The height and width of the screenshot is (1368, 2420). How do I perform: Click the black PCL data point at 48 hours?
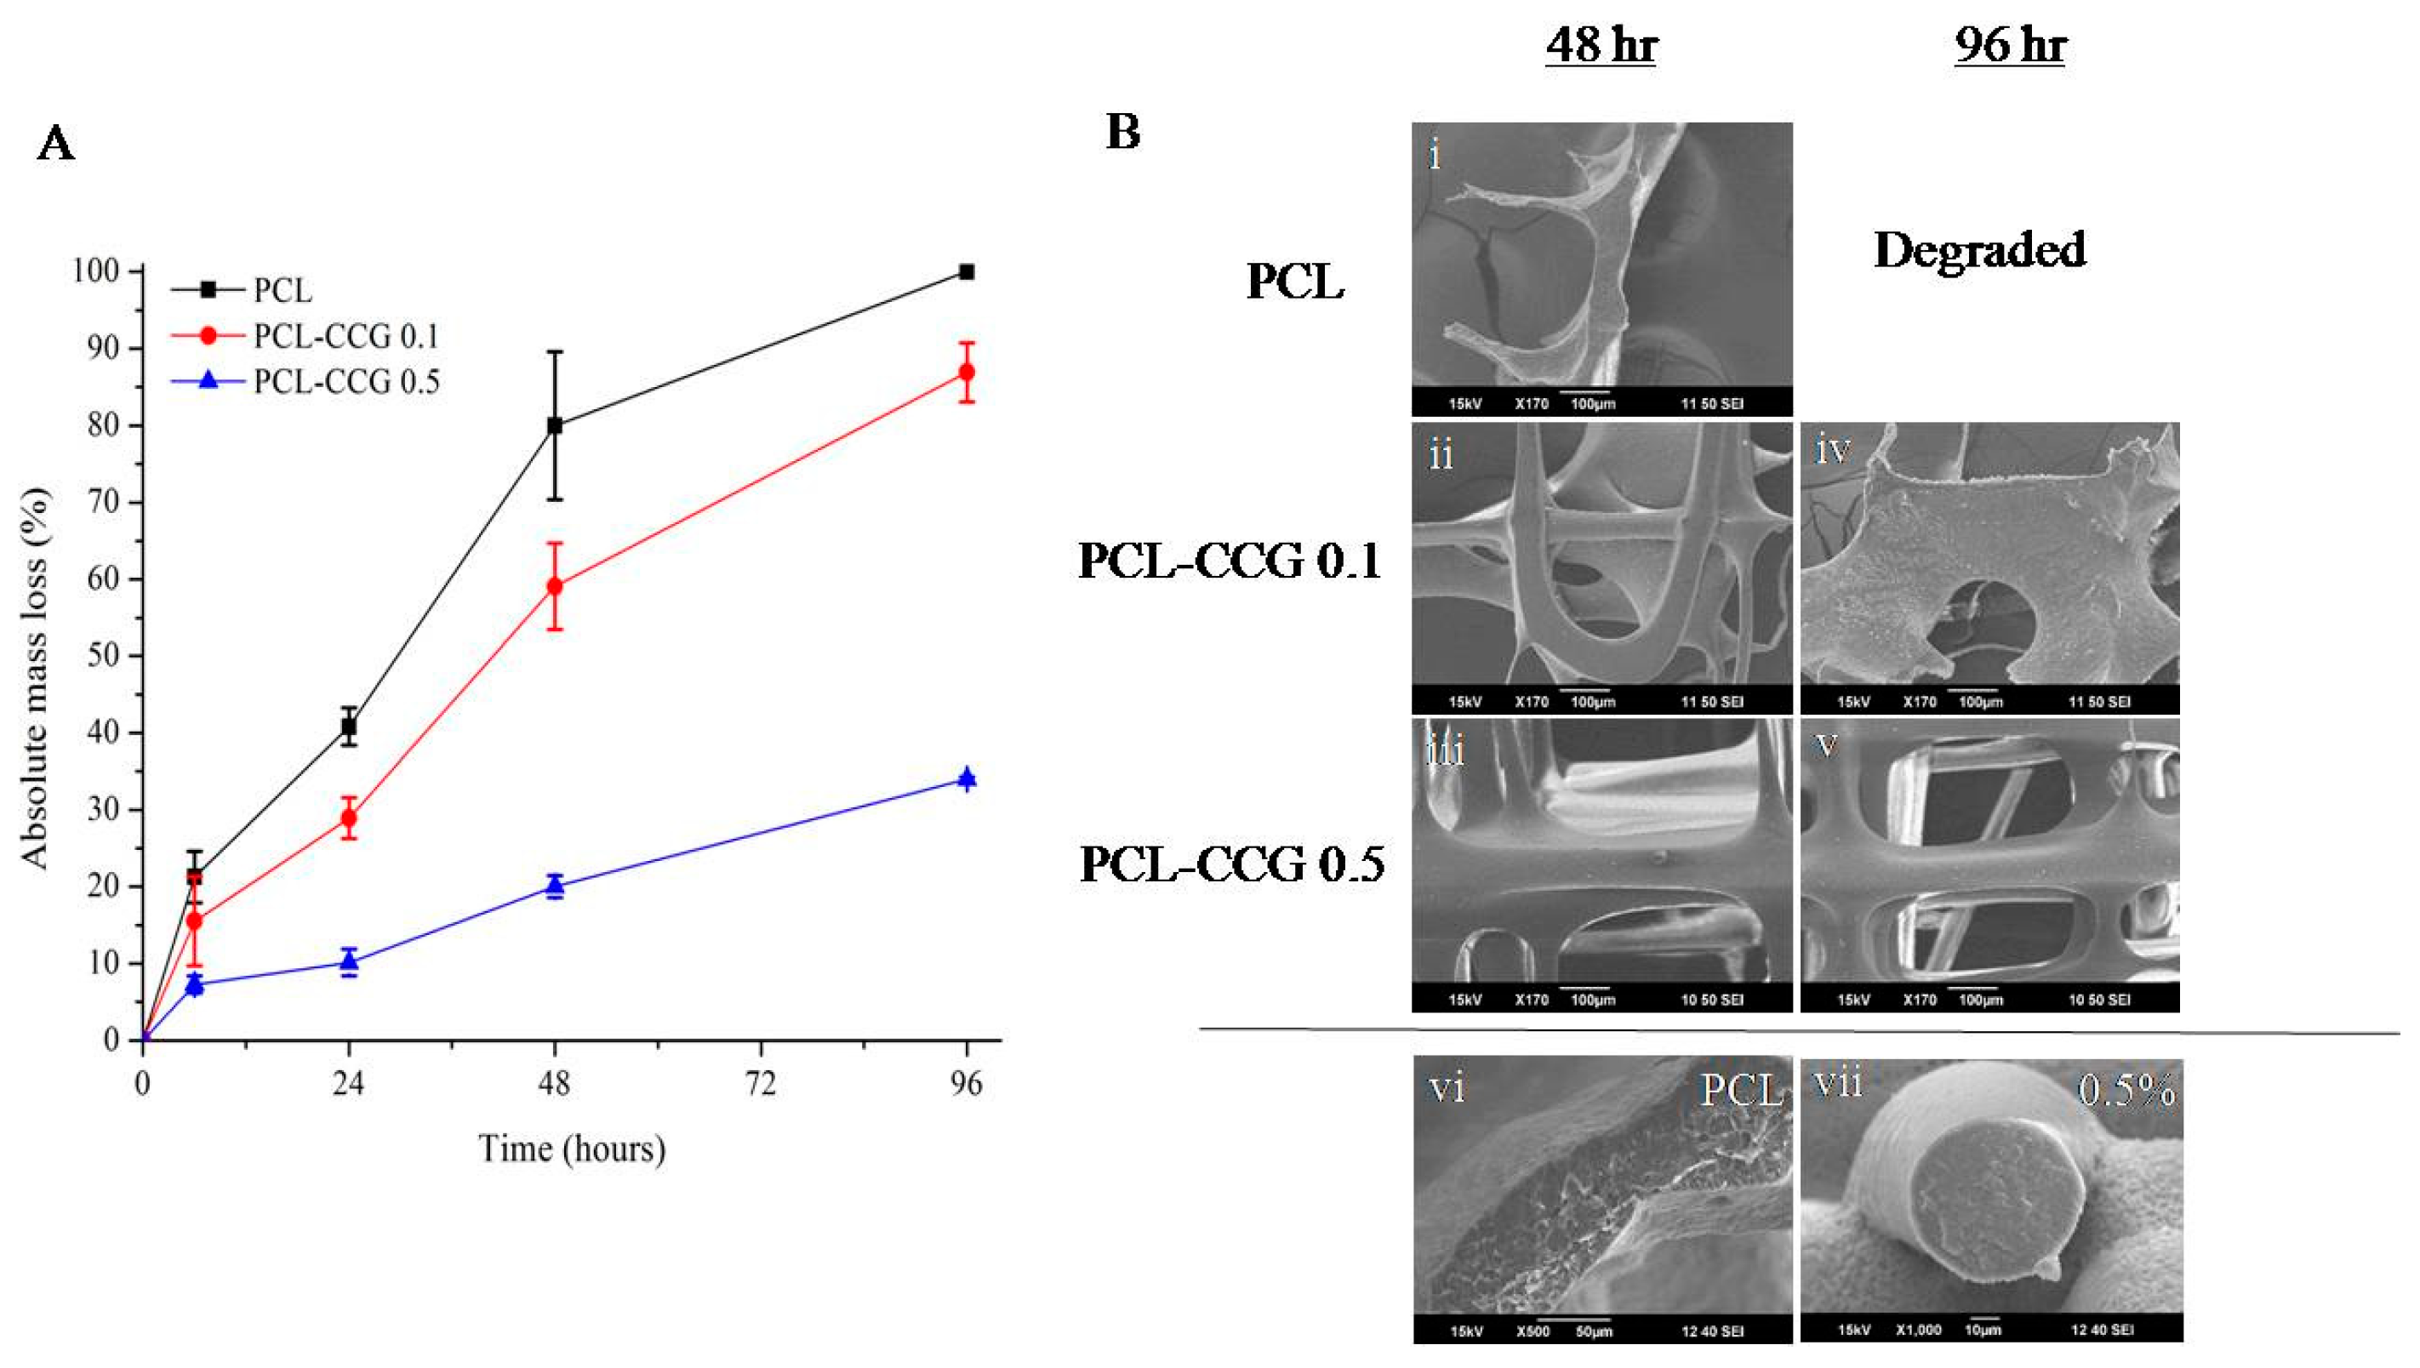click(x=554, y=425)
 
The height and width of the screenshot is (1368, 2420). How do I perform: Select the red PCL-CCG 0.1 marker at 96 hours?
click(x=967, y=372)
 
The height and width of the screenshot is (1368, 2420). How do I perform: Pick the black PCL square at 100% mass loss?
click(x=967, y=272)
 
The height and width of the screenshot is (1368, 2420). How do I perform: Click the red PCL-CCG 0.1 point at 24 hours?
click(x=349, y=818)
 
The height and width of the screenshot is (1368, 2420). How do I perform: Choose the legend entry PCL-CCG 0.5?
click(x=345, y=381)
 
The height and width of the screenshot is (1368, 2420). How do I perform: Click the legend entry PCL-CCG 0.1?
click(x=345, y=336)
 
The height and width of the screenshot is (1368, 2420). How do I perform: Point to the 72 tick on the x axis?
click(x=760, y=1084)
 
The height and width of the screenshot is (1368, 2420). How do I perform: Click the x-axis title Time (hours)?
click(x=572, y=1149)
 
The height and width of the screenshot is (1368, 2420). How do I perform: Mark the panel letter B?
click(x=1123, y=132)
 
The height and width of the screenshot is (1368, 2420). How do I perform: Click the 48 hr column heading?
click(x=1601, y=44)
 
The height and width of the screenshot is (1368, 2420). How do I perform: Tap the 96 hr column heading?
click(x=2010, y=44)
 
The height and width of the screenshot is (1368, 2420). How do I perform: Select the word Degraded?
click(x=1979, y=250)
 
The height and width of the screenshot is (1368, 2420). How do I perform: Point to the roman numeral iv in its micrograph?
click(x=1833, y=450)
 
